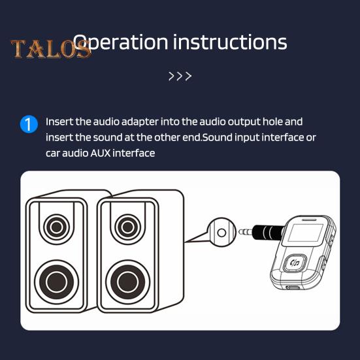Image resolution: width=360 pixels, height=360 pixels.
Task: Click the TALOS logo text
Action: [51, 49]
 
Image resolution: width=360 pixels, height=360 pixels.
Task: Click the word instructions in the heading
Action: [230, 42]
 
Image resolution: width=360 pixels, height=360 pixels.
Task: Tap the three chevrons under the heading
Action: [180, 76]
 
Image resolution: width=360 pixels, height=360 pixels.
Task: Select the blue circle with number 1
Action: [29, 123]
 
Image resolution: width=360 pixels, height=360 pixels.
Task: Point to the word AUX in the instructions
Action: [100, 153]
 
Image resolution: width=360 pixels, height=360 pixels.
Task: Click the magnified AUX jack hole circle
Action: [221, 232]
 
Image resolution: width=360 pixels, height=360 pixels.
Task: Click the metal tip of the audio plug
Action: [243, 231]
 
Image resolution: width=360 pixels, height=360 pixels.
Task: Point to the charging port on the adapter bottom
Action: [293, 287]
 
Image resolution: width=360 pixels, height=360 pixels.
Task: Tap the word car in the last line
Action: [53, 153]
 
